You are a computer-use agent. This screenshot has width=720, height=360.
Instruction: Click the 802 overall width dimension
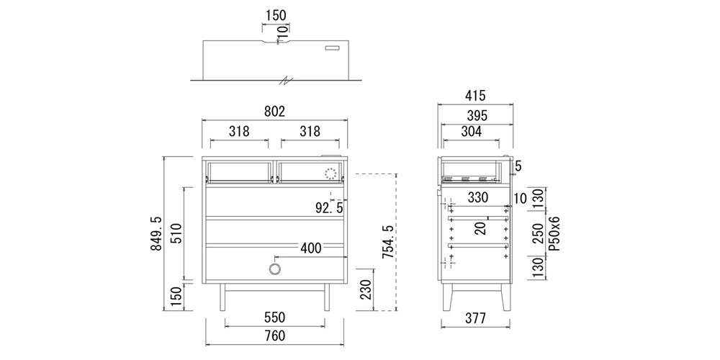pyautogui.click(x=274, y=112)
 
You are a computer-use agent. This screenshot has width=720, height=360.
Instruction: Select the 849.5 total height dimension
pyautogui.click(x=156, y=234)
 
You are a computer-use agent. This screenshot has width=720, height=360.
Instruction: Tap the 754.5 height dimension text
pyautogui.click(x=388, y=242)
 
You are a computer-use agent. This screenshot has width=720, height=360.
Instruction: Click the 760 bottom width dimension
pyautogui.click(x=274, y=336)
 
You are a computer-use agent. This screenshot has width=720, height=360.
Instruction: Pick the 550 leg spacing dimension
pyautogui.click(x=274, y=318)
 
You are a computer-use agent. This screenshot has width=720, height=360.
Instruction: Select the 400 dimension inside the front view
pyautogui.click(x=311, y=248)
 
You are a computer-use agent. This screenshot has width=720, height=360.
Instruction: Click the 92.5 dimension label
pyautogui.click(x=329, y=208)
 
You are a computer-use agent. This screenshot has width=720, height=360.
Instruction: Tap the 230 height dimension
pyautogui.click(x=366, y=289)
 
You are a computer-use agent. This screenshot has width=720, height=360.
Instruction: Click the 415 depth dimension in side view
pyautogui.click(x=474, y=96)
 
